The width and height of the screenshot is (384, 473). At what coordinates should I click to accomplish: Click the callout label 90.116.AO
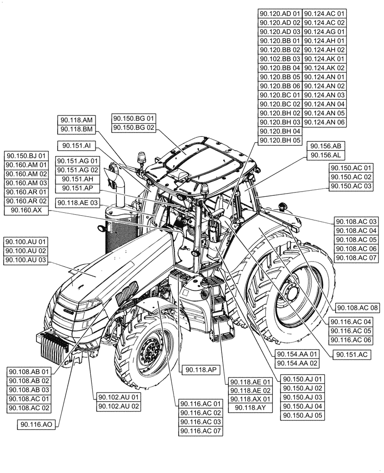[36, 425]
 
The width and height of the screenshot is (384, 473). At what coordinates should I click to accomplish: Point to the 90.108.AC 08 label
[358, 307]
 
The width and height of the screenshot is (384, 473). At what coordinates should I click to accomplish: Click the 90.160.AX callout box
[26, 210]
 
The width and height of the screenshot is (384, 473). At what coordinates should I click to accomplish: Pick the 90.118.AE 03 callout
[77, 202]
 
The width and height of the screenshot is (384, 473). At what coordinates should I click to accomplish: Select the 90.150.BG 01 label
[134, 118]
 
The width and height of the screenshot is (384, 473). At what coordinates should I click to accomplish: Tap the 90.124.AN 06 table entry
[324, 122]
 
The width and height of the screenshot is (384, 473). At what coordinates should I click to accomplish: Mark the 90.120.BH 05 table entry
[280, 140]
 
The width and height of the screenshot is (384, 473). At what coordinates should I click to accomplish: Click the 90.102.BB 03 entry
[280, 59]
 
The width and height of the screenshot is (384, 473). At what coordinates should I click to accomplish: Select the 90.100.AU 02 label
[26, 251]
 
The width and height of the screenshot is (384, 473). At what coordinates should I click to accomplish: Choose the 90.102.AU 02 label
[118, 406]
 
